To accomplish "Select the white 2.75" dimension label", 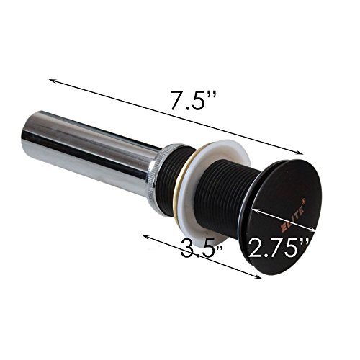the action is [x=278, y=248].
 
